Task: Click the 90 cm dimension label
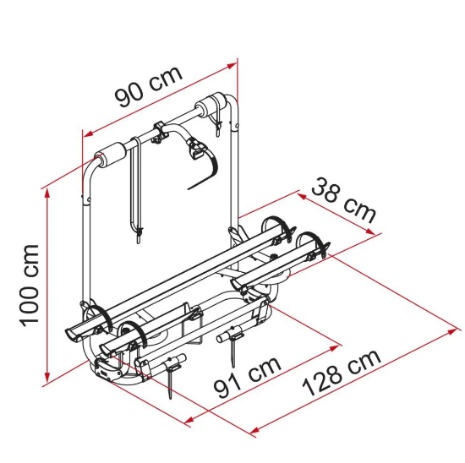coord(149,86)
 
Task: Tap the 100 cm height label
coord(29,286)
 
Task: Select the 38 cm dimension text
coord(344,200)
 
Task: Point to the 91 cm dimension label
coord(248,377)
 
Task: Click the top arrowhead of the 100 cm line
coord(46,193)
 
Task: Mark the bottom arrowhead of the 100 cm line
coord(46,378)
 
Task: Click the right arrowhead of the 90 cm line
coord(232,66)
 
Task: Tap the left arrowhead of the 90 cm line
coord(88,134)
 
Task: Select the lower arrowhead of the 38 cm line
coord(369,231)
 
